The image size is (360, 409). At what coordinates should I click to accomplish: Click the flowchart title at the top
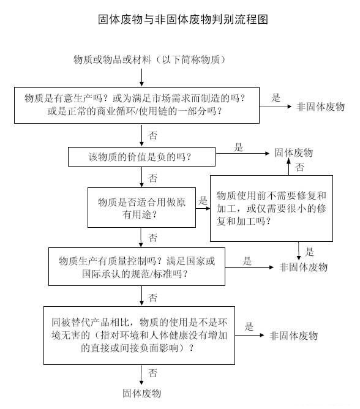183,20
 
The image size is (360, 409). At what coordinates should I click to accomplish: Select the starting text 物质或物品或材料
112,59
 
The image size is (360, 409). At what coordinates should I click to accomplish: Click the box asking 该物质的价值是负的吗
141,157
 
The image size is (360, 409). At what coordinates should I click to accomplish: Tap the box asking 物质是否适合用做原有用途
141,208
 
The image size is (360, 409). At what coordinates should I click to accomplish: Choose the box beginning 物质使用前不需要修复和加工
271,208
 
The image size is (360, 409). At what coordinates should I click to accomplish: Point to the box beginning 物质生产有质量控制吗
137,266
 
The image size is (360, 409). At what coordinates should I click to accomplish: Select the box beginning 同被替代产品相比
139,336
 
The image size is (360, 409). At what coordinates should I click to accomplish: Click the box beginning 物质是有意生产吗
137,105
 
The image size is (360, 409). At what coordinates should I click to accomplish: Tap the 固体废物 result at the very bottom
141,393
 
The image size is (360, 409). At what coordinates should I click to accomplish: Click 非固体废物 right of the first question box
321,107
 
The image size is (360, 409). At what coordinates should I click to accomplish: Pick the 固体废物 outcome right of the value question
293,152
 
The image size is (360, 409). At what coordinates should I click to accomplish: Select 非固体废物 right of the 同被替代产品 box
294,336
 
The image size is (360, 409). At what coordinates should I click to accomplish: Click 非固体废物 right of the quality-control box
303,267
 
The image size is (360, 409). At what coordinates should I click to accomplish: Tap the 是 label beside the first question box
276,98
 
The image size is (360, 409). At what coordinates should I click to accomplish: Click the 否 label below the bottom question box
152,373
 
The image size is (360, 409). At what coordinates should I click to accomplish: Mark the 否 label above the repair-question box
299,167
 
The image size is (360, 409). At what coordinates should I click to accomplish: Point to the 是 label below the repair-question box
309,252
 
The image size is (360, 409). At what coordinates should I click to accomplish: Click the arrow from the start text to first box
141,78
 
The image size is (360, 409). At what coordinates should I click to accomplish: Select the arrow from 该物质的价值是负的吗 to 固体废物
242,153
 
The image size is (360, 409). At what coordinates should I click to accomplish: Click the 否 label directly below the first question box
152,135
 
